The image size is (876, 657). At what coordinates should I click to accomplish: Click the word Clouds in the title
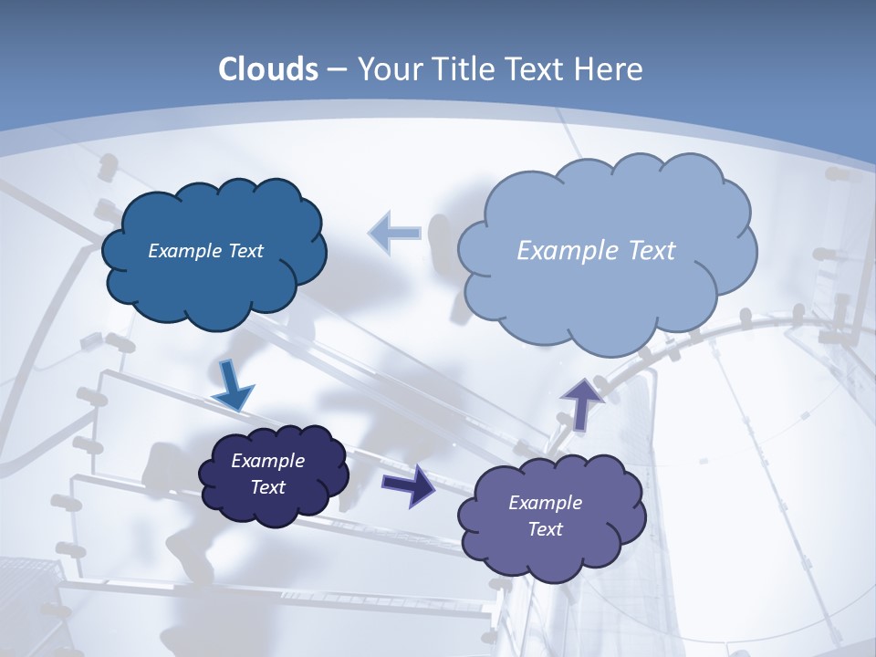click(268, 69)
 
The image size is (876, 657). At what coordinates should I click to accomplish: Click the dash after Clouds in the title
click(336, 69)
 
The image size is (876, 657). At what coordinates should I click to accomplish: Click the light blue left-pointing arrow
click(394, 234)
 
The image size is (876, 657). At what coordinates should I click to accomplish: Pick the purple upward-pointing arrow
click(582, 403)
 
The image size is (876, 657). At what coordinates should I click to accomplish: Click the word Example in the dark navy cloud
click(267, 461)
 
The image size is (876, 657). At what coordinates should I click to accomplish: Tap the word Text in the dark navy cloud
click(267, 487)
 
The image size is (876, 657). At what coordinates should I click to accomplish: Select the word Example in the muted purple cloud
click(545, 503)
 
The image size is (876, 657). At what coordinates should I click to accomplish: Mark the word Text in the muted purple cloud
click(545, 529)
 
